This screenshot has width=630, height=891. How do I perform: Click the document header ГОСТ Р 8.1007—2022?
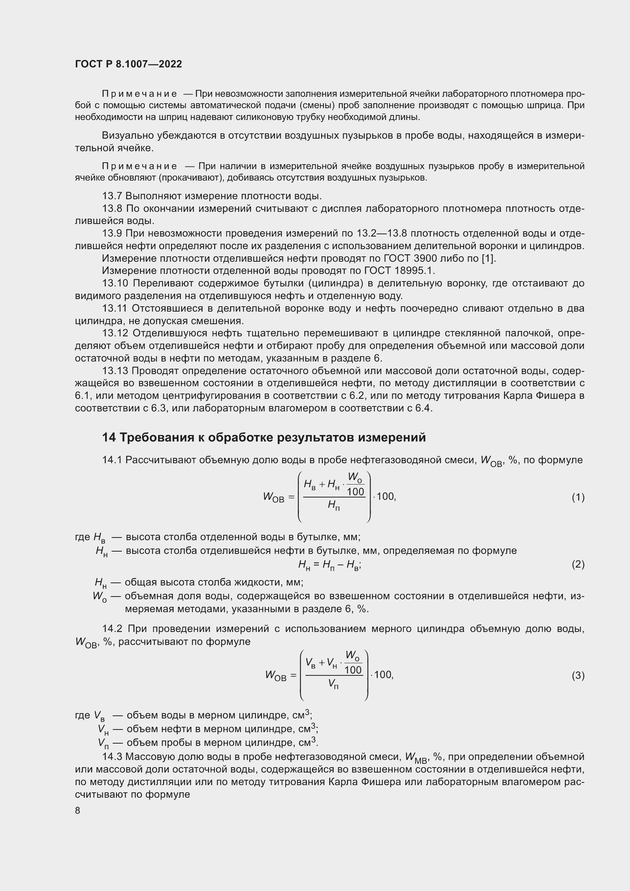pos(128,64)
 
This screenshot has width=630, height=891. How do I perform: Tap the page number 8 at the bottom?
pos(78,810)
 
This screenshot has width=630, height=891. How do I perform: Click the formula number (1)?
pos(578,497)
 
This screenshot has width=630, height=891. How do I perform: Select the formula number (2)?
pos(578,564)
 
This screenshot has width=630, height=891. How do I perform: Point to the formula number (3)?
pos(578,676)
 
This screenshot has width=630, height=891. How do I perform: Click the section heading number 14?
pos(109,437)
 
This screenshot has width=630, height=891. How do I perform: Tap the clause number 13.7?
pos(112,196)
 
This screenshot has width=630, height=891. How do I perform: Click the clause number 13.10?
pos(115,283)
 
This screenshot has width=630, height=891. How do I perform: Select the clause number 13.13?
pos(115,371)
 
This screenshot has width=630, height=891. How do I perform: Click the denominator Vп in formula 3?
pos(333,684)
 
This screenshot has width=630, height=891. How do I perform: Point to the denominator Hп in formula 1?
pos(333,505)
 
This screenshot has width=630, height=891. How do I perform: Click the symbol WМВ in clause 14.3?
pos(416,757)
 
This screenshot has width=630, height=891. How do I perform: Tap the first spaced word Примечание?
pos(139,94)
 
